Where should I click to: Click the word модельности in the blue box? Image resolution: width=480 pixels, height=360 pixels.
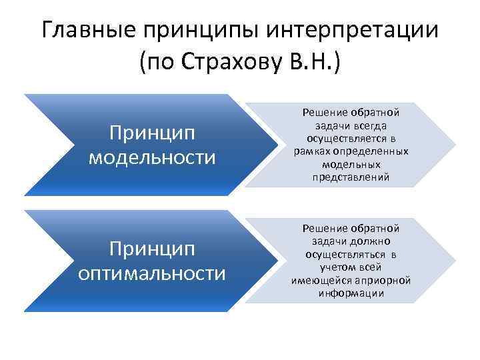pos(152,157)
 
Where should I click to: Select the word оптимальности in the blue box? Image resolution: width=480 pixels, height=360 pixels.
pos(152,273)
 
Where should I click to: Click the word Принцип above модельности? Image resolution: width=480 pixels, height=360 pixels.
pos(152,134)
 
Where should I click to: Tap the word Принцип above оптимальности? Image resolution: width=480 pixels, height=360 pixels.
pos(152,250)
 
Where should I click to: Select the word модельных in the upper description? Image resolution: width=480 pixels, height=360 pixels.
pos(351,164)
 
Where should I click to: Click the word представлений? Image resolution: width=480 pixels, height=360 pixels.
pos(351,177)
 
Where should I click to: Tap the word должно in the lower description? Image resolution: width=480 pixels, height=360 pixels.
pos(375,241)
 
